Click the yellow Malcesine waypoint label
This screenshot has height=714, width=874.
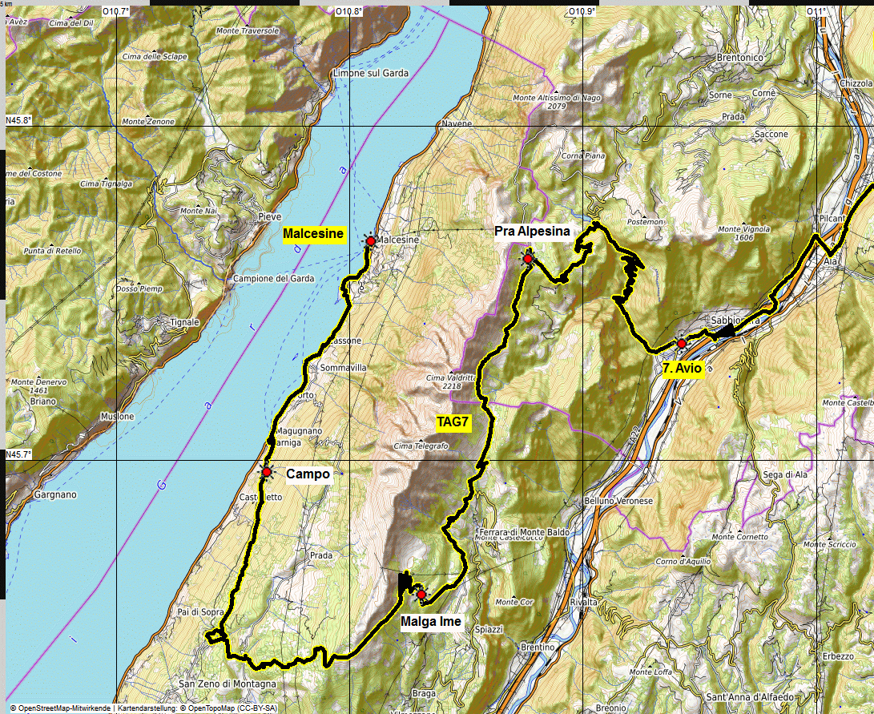click(313, 235)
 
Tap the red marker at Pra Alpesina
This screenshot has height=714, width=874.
click(528, 259)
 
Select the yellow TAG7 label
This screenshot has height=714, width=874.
click(453, 422)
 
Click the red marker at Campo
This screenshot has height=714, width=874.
click(266, 472)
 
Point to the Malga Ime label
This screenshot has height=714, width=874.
click(430, 621)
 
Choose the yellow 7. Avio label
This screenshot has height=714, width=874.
click(683, 369)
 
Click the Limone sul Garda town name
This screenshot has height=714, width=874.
click(370, 73)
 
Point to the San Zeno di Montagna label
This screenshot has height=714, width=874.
click(227, 684)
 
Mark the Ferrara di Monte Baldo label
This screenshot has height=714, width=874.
click(514, 532)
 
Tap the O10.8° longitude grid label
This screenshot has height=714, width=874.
click(349, 11)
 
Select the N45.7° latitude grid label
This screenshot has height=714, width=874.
click(18, 454)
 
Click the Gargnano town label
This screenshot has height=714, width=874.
click(55, 494)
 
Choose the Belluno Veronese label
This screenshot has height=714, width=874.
click(619, 501)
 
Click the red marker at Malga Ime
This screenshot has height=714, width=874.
click(421, 595)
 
